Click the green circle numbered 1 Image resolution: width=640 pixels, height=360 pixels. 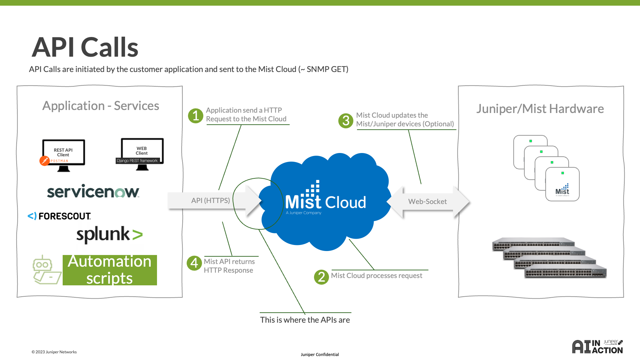click(196, 116)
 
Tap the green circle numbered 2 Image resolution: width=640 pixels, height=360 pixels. click(321, 277)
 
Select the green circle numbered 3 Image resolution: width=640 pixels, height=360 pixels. click(346, 121)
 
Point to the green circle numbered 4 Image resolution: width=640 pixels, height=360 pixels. click(194, 263)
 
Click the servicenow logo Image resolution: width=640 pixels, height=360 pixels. click(93, 191)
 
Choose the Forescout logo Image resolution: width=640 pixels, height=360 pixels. click(59, 216)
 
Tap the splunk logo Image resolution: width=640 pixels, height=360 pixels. click(109, 234)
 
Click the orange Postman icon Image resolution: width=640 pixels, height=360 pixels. click(44, 161)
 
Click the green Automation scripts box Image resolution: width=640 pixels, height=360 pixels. click(110, 270)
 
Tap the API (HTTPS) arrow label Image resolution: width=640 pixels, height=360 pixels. click(210, 201)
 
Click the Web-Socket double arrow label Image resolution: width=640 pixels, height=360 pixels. click(427, 202)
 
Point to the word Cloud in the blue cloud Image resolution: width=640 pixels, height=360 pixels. click(345, 202)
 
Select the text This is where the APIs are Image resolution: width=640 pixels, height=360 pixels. click(305, 320)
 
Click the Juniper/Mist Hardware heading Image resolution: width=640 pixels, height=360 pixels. click(540, 109)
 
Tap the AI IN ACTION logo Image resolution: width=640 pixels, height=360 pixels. click(597, 347)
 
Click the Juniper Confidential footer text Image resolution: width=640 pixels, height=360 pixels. click(320, 355)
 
